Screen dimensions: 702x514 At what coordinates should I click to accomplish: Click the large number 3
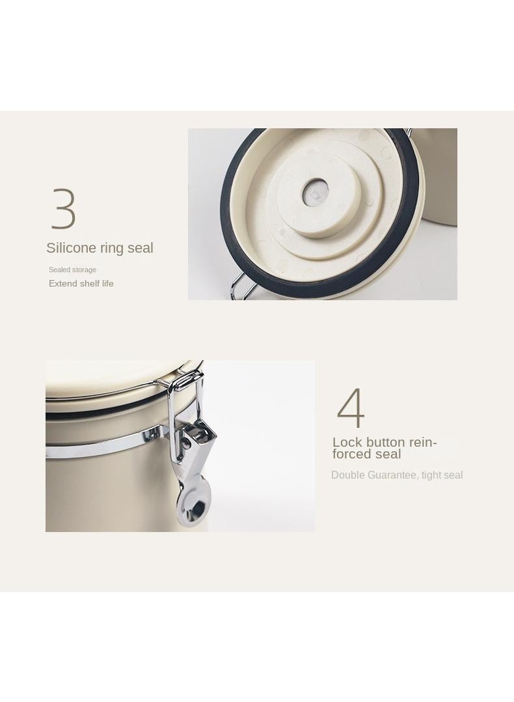(64, 208)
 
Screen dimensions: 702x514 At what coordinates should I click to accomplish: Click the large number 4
(351, 408)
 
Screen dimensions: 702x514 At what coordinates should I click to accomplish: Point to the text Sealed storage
(72, 270)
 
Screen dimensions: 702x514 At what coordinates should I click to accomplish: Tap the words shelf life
(98, 284)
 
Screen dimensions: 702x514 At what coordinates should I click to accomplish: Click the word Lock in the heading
(347, 443)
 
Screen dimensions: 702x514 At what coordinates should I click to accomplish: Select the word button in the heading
(386, 443)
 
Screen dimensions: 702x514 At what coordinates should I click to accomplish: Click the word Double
(347, 475)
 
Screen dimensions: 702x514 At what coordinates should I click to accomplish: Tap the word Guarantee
(392, 475)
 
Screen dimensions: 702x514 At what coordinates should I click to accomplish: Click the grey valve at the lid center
(316, 190)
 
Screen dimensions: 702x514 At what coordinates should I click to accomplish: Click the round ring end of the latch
(194, 505)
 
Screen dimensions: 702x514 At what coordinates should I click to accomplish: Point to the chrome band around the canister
(104, 444)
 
